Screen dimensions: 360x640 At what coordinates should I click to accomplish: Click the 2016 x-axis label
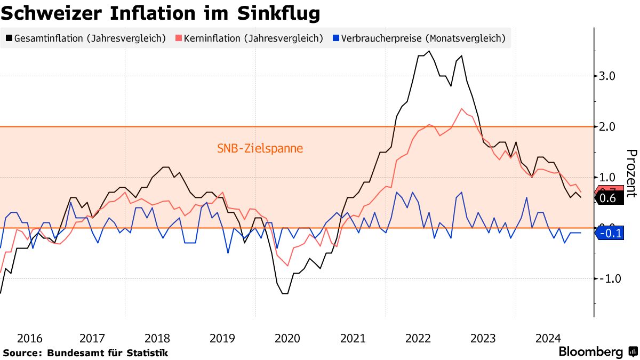(30, 338)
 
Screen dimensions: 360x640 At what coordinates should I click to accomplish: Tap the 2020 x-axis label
(287, 338)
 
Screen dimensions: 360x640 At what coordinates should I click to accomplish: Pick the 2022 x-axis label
(418, 338)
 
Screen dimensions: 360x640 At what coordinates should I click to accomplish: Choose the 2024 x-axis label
(548, 338)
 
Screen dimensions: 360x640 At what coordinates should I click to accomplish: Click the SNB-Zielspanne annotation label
(260, 148)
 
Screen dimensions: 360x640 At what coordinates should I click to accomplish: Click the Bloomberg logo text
(590, 352)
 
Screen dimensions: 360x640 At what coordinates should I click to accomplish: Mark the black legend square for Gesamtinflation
(10, 38)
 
